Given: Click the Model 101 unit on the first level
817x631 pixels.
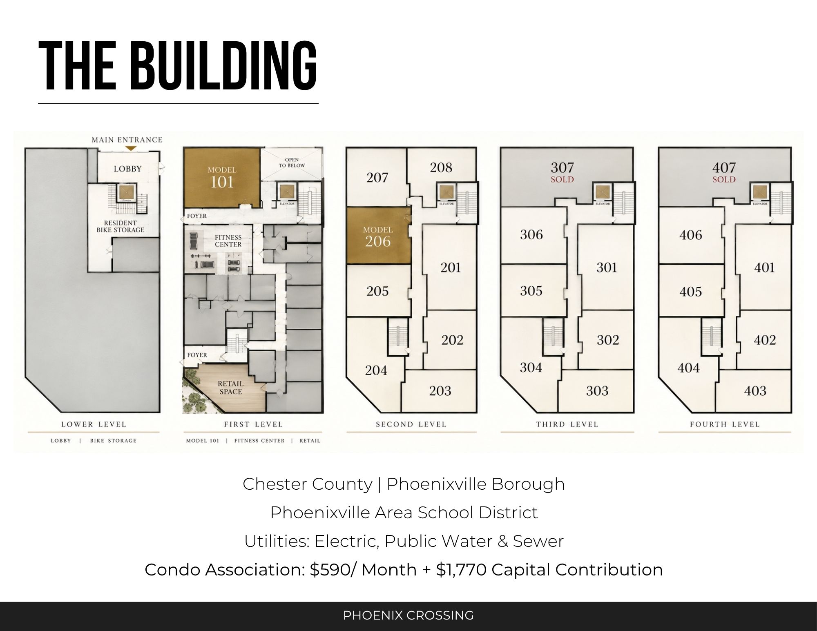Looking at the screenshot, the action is [222, 177].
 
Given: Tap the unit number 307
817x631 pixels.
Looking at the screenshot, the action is [563, 167].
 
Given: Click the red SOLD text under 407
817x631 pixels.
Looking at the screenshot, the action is [724, 179].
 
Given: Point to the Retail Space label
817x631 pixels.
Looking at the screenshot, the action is [231, 388].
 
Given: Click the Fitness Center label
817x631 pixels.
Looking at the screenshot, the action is [228, 241].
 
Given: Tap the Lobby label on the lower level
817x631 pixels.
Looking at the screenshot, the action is [128, 169].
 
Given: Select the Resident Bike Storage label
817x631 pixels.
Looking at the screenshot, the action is [121, 226].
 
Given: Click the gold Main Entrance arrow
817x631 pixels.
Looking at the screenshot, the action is [131, 148].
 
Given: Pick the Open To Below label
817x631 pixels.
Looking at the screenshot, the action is [292, 163].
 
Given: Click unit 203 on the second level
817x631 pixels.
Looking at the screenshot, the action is [440, 391].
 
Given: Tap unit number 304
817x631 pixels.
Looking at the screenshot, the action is [531, 368].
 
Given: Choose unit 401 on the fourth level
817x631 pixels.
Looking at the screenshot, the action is [765, 268].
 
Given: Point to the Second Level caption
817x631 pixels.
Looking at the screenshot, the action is [411, 424].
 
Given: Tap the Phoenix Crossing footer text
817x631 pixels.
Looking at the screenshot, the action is [408, 615].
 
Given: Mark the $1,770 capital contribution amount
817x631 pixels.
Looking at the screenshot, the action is [461, 570].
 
